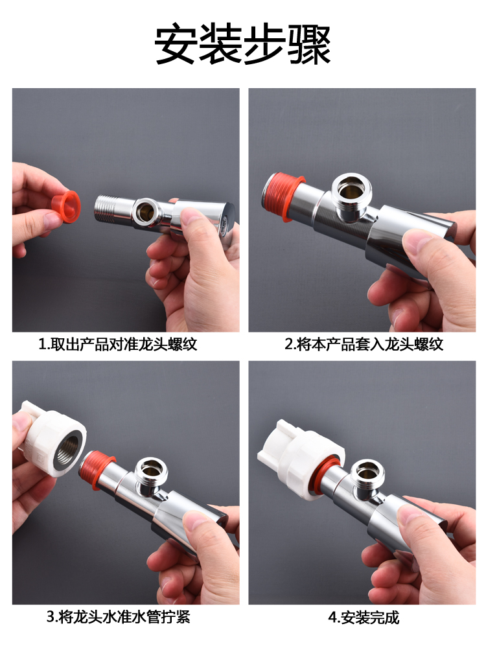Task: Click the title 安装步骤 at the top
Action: pyautogui.click(x=243, y=44)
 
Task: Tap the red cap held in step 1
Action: pyautogui.click(x=65, y=206)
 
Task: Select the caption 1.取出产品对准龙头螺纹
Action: pyautogui.click(x=118, y=344)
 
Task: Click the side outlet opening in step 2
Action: pyautogui.click(x=351, y=193)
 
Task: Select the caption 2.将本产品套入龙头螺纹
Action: pyautogui.click(x=364, y=344)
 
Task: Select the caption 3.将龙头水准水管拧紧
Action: pyautogui.click(x=118, y=617)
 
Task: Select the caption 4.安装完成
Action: pyautogui.click(x=364, y=618)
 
